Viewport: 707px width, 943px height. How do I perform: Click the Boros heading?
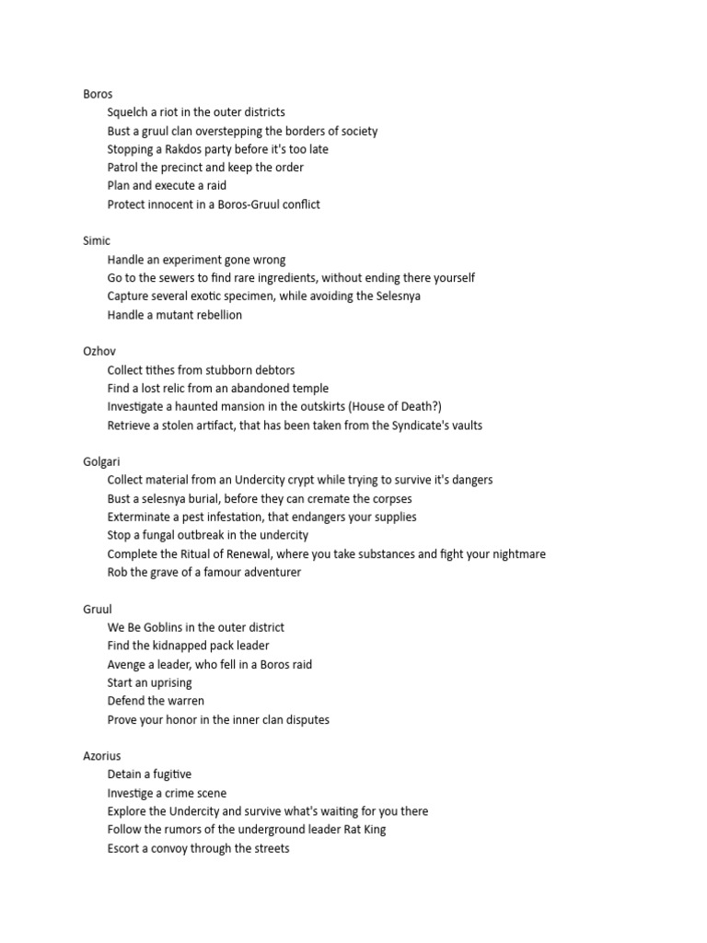(98, 94)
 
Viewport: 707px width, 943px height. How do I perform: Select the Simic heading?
(97, 241)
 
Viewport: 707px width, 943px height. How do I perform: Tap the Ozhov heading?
(99, 352)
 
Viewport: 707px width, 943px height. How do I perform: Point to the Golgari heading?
(101, 462)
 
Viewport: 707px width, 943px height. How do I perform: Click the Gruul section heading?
(98, 610)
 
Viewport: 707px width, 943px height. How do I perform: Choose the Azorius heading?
(102, 757)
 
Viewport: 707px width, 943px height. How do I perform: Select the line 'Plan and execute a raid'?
(167, 186)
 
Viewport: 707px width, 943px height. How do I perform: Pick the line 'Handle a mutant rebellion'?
(175, 315)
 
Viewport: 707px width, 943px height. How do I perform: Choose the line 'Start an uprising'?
(150, 683)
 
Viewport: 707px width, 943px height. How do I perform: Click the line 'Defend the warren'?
(156, 702)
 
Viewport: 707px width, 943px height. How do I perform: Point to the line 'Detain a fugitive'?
(149, 775)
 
